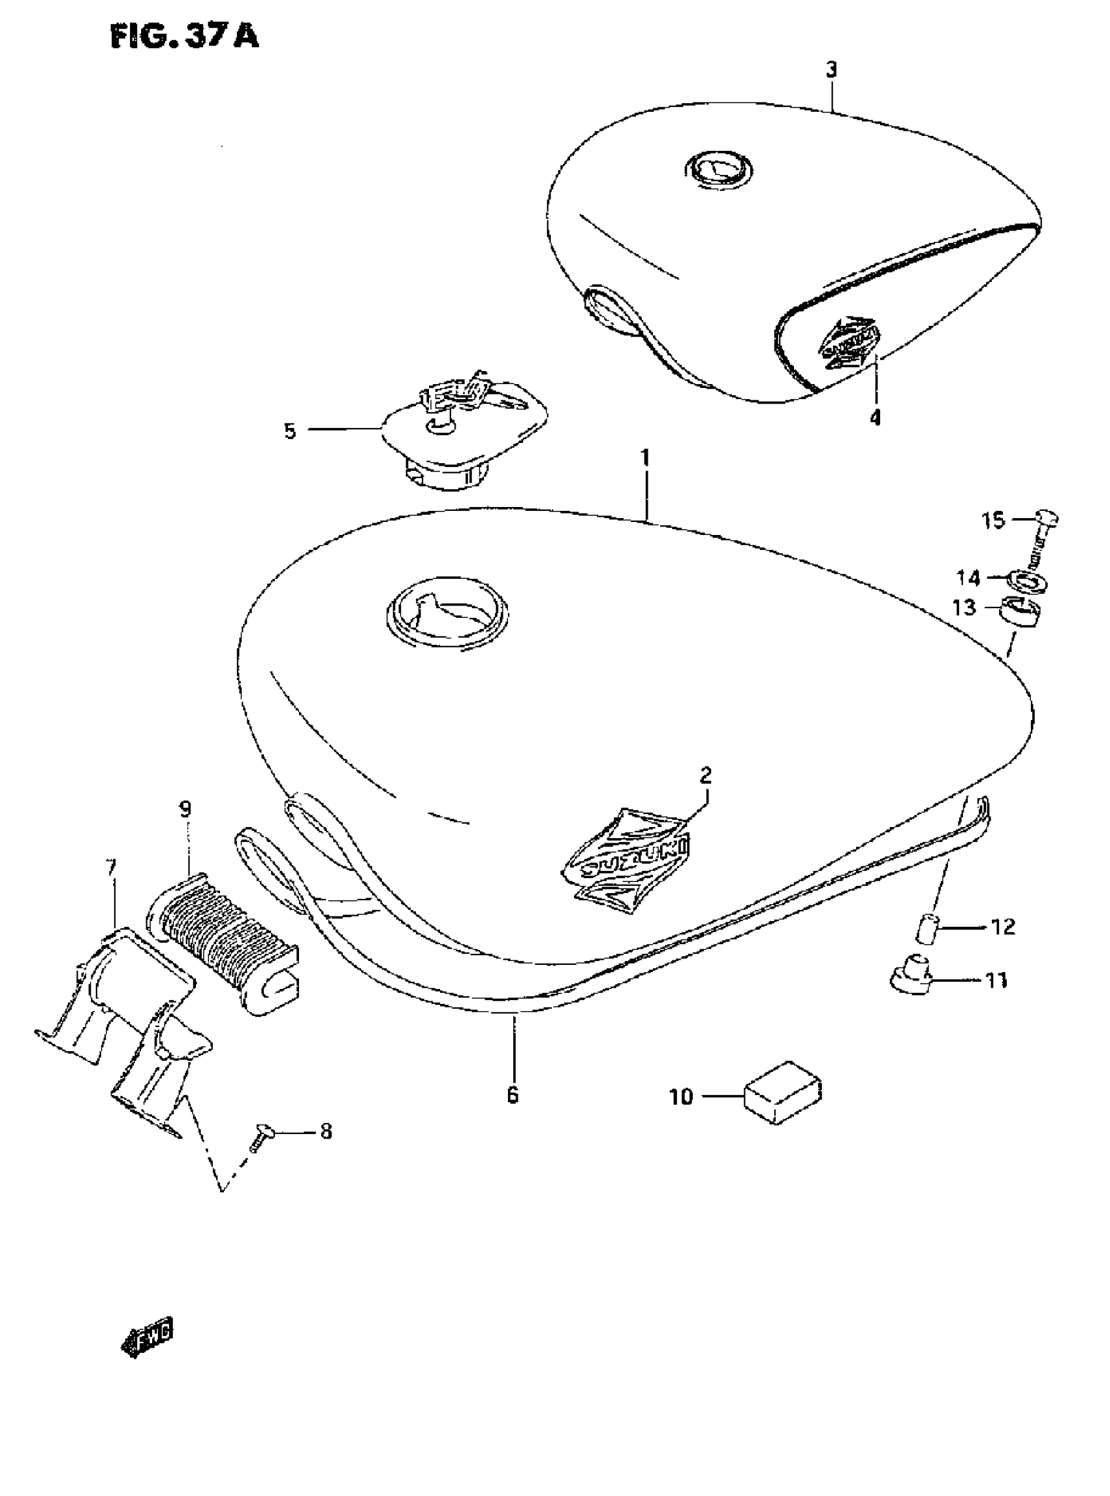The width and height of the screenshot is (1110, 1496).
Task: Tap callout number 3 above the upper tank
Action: tap(831, 69)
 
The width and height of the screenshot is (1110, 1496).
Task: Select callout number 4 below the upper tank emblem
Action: tap(874, 417)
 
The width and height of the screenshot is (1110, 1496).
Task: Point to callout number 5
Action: tap(290, 431)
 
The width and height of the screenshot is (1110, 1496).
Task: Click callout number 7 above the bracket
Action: tap(112, 868)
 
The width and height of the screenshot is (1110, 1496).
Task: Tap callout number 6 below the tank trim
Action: tap(513, 1096)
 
